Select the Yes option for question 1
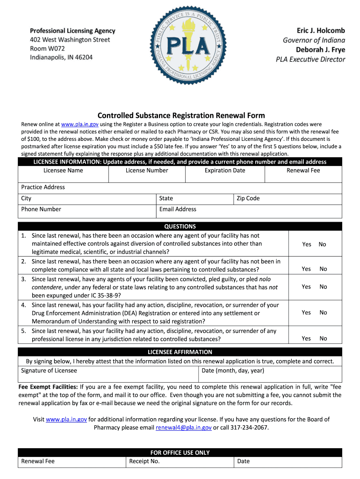tap(307, 244)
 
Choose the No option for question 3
tap(323, 287)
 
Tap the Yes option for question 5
tap(306, 338)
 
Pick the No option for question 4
tap(323, 312)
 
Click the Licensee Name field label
tap(63, 170)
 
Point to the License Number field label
tap(147, 170)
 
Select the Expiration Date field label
tap(224, 170)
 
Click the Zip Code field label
tap(248, 198)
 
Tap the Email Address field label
tap(178, 209)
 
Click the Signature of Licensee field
tap(108, 375)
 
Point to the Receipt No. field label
tap(144, 461)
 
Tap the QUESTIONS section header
tap(180, 226)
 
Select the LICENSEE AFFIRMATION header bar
tap(180, 352)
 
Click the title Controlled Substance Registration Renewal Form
tap(181, 115)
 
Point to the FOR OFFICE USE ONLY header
tap(180, 452)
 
